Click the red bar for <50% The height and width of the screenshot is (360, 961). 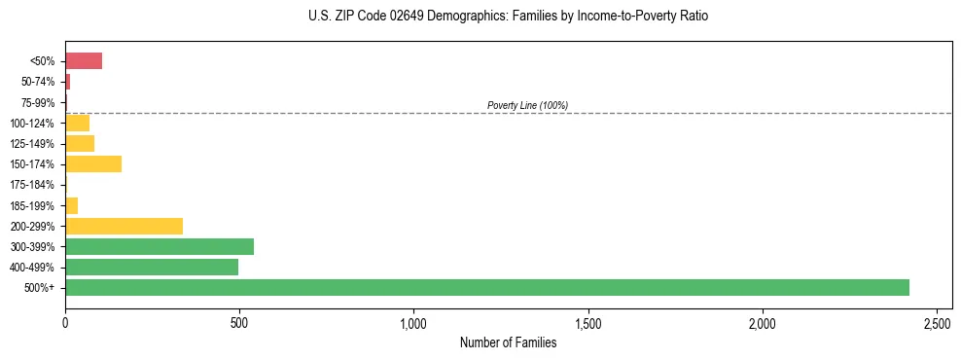tap(84, 61)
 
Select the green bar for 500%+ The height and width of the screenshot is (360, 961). tap(486, 287)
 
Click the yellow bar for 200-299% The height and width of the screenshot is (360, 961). tap(124, 226)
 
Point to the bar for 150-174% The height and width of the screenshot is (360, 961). tap(93, 163)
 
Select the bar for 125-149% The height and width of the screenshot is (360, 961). tap(80, 143)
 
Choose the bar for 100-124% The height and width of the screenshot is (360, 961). tap(77, 123)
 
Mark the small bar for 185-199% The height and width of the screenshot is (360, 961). tap(71, 205)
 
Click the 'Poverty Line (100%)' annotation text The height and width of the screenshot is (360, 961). tap(527, 105)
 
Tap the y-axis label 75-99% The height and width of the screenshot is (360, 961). tap(39, 102)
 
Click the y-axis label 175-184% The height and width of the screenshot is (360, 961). tap(34, 185)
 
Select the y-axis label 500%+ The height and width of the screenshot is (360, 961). tap(42, 288)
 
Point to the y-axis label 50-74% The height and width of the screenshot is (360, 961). tap(39, 82)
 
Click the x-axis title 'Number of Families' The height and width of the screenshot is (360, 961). tap(509, 342)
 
